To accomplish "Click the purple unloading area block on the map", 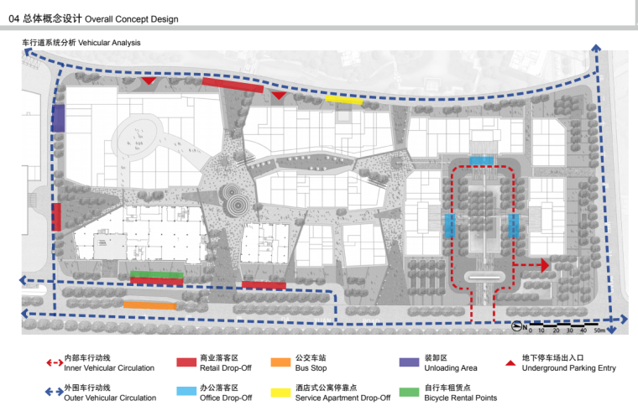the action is click(58, 117).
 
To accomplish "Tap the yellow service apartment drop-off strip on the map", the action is click(344, 99).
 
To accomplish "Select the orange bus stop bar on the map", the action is click(149, 305).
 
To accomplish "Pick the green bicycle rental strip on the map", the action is click(157, 274).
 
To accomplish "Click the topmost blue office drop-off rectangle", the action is click(481, 160).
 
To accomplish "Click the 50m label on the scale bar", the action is click(599, 331).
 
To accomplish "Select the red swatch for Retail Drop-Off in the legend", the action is click(186, 362).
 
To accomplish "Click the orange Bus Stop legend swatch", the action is click(281, 362).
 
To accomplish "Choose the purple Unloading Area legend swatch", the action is click(409, 362).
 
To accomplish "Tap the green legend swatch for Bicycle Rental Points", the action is click(409, 393).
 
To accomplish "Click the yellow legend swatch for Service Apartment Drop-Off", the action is click(281, 393).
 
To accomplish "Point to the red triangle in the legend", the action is click(510, 362).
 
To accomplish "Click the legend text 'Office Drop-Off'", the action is click(226, 398).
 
